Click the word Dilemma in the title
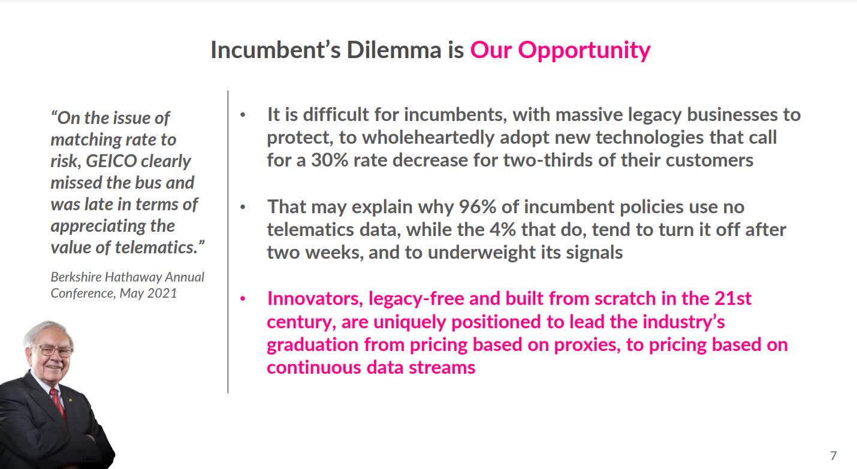tap(394, 50)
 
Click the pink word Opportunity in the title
tap(584, 51)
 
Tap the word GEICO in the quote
tap(111, 161)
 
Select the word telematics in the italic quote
tap(156, 247)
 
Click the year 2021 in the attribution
tap(162, 293)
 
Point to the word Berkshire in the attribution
tap(76, 277)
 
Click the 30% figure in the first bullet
tap(330, 160)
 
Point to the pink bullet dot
tap(243, 298)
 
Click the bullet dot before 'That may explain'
tap(243, 207)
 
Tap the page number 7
tap(833, 456)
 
